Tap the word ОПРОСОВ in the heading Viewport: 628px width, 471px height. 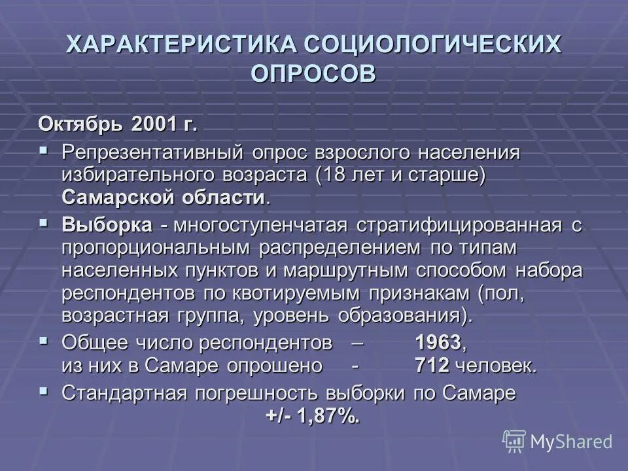pos(314,72)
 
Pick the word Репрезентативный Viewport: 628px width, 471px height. pos(153,152)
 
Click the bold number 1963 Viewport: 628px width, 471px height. pos(438,343)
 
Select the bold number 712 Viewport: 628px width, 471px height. pos(432,365)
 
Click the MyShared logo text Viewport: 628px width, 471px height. pos(571,442)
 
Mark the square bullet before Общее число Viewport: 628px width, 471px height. pos(44,341)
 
